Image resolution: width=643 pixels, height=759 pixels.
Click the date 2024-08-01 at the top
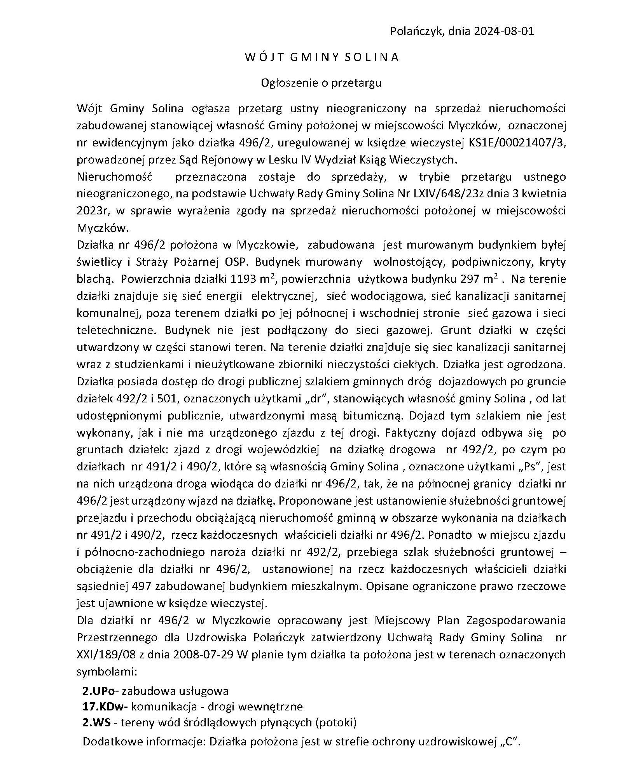coord(504,31)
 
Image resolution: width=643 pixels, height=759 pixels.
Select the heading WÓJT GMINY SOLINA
coord(321,57)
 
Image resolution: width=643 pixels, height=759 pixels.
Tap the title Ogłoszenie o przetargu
coord(321,83)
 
